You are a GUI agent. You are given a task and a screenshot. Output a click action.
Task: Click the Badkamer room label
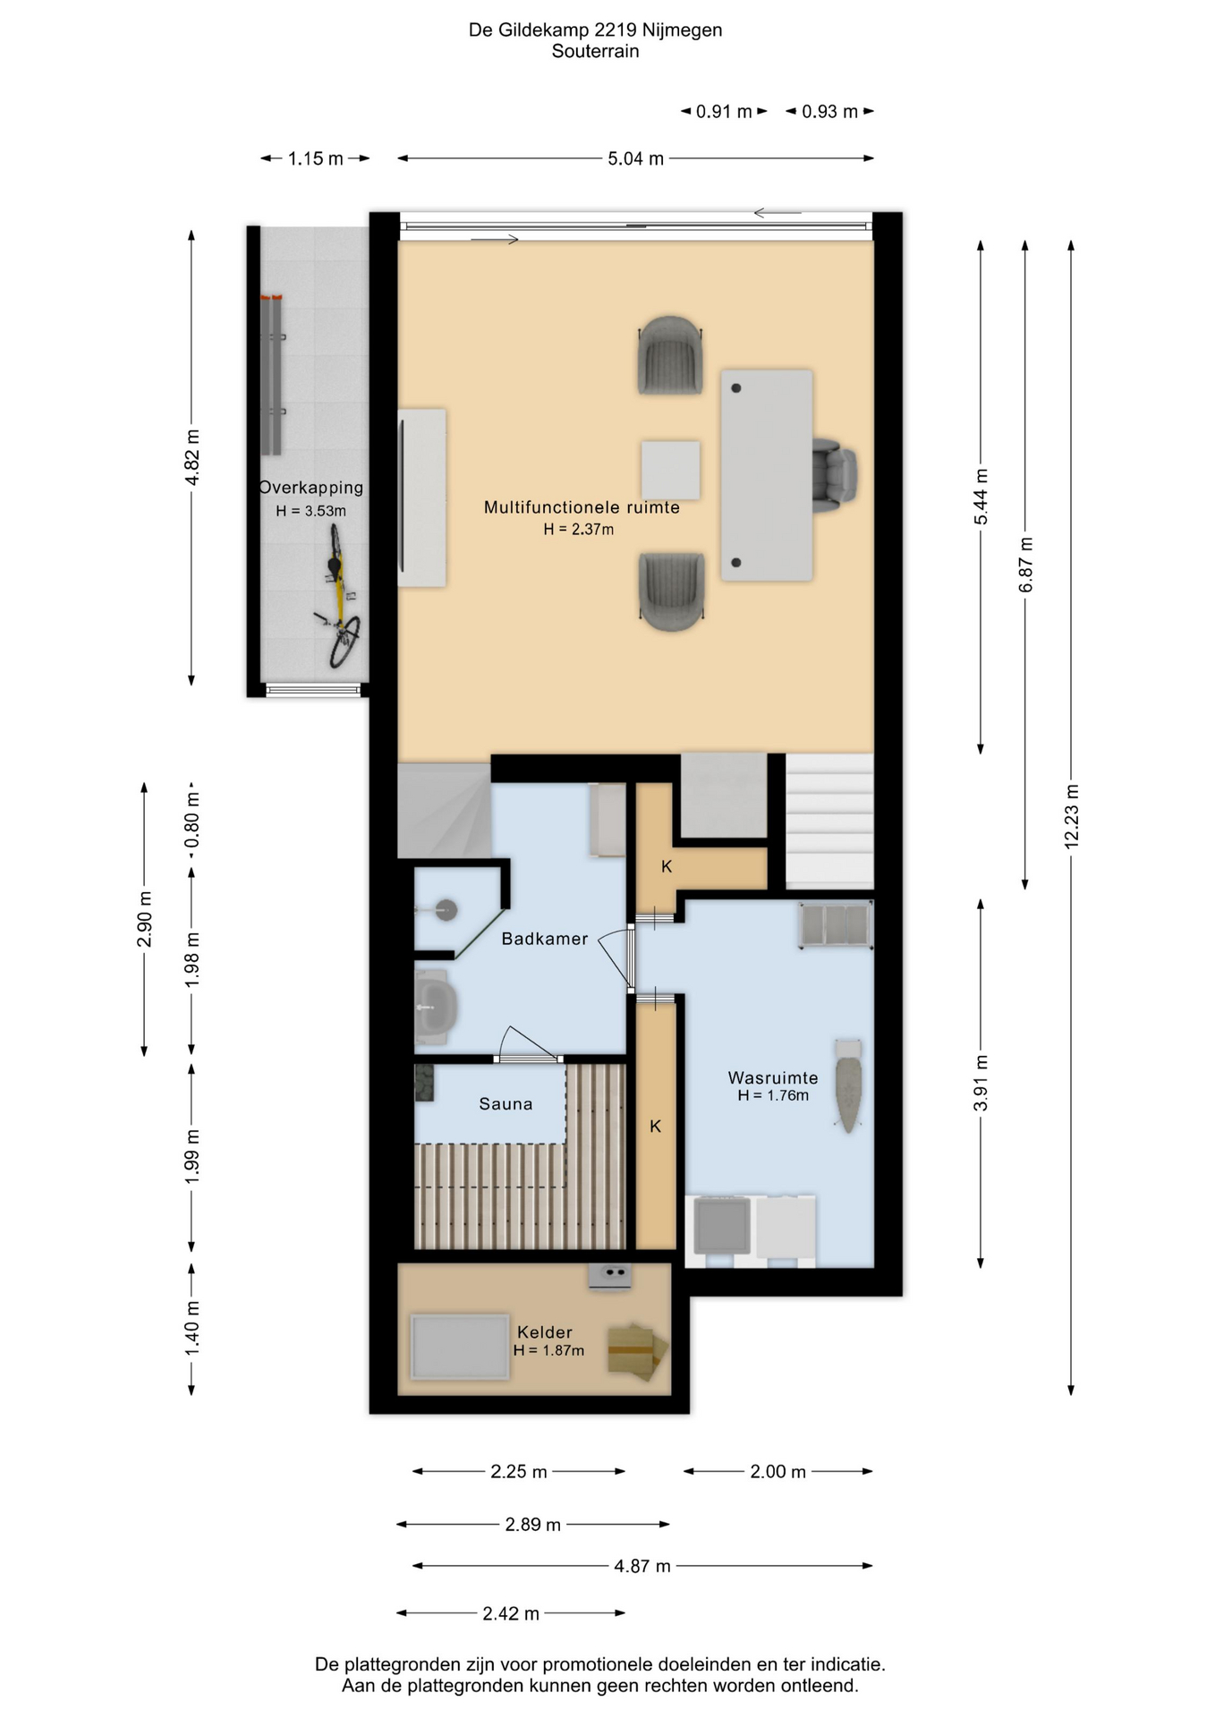tap(544, 939)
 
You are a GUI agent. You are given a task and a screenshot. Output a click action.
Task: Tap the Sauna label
tap(506, 1104)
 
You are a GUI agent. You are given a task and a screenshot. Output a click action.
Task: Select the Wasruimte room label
tap(773, 1078)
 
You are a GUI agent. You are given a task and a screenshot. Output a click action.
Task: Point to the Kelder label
tap(545, 1332)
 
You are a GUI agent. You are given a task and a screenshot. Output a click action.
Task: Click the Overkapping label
tap(311, 488)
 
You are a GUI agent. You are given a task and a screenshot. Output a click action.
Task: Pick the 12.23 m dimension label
tap(1072, 816)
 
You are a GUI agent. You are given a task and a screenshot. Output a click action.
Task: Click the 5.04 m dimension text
tap(636, 158)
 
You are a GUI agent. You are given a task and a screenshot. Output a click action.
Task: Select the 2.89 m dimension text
tap(533, 1524)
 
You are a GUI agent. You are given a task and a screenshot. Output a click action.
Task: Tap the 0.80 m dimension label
tap(191, 821)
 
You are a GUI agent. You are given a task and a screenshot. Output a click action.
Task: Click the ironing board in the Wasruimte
tap(847, 1084)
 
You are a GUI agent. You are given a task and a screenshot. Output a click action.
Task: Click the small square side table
tap(670, 470)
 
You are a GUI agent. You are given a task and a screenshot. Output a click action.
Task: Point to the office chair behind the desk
tap(835, 474)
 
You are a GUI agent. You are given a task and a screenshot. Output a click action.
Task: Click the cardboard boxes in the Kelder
tap(637, 1350)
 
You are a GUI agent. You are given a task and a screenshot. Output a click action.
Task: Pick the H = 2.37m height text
tap(579, 530)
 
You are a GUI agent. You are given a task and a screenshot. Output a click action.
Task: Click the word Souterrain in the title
tap(595, 51)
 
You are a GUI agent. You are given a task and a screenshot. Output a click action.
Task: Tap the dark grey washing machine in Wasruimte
tap(721, 1227)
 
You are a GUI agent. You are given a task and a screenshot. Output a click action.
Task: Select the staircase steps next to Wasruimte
tap(829, 821)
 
